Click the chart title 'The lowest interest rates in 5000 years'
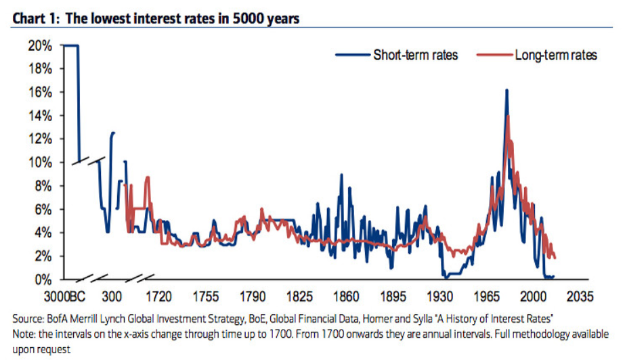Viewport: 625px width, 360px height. click(x=183, y=19)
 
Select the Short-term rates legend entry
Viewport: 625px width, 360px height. click(x=415, y=55)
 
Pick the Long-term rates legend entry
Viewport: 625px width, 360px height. click(x=555, y=55)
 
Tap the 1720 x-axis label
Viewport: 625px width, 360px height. click(x=159, y=296)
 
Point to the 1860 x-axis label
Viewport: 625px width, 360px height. click(x=346, y=296)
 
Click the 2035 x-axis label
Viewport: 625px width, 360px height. click(x=580, y=296)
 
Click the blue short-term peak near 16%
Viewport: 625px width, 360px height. click(x=506, y=90)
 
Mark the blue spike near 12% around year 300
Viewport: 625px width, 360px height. click(x=112, y=133)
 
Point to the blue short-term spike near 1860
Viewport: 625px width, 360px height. click(x=341, y=175)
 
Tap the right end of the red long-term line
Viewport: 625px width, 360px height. click(x=555, y=258)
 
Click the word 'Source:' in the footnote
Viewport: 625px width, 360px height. click(x=28, y=318)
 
